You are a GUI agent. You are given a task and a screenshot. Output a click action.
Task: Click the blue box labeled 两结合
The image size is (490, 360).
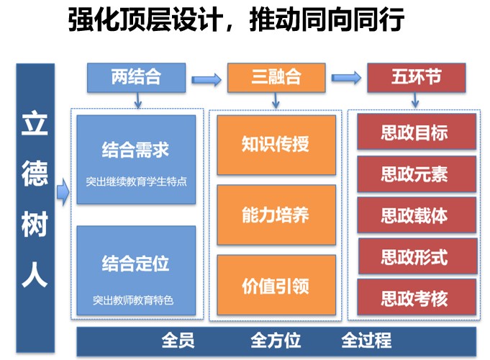[x=136, y=78]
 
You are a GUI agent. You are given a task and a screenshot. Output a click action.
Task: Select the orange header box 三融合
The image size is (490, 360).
[x=276, y=78]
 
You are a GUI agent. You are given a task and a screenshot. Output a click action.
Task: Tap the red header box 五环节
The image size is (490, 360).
[x=417, y=78]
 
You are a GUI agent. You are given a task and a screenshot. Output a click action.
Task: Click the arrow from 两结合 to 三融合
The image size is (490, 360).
[x=207, y=80]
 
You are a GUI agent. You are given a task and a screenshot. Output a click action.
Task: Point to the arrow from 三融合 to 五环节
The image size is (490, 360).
[x=346, y=78]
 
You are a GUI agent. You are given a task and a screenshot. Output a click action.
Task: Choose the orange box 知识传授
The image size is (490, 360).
[x=276, y=145]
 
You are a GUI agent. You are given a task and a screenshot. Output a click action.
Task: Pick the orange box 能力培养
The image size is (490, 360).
[x=276, y=215]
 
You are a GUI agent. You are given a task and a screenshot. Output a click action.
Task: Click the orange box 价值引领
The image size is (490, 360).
[x=276, y=285]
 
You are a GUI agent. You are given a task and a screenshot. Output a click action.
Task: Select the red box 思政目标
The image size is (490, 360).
[x=417, y=132]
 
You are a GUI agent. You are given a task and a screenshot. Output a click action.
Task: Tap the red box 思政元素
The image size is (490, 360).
[x=417, y=174]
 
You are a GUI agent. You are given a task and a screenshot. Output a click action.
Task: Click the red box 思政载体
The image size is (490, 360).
[x=417, y=215]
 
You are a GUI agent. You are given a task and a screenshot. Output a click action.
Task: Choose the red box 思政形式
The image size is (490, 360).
[x=417, y=256]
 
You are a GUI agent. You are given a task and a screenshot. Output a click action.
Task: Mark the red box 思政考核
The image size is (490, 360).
[x=417, y=297]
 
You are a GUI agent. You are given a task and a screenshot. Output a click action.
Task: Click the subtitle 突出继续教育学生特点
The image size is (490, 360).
[x=136, y=181]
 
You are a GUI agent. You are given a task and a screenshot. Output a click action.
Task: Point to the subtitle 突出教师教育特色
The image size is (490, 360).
[x=133, y=300]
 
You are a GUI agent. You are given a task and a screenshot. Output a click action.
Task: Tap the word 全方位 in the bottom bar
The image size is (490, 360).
[x=276, y=341]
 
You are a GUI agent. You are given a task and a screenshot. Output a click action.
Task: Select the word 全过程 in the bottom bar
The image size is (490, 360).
[x=366, y=341]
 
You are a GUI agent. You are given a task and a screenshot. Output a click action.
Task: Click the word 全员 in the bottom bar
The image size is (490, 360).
[x=178, y=341]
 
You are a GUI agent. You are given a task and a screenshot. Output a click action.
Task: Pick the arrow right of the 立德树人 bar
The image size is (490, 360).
[x=63, y=192]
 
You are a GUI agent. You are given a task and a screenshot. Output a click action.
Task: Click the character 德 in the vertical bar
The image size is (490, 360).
[x=35, y=174]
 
